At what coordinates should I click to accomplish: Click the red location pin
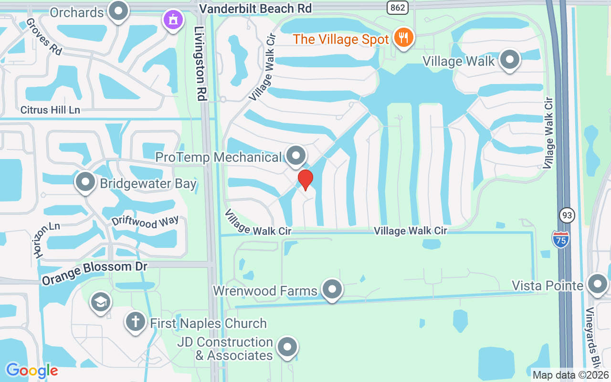tap(305, 180)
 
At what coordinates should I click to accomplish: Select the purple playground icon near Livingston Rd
tap(173, 20)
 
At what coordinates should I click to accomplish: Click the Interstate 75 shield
tap(561, 238)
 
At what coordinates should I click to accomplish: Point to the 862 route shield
tap(398, 8)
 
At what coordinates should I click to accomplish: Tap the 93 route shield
tap(567, 216)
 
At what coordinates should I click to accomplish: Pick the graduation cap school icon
tap(100, 302)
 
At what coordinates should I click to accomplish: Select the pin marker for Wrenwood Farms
tap(332, 289)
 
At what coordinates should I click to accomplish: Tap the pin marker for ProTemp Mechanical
tap(296, 155)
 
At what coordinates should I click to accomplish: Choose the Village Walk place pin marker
tap(510, 60)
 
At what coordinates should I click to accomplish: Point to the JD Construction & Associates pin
tap(287, 347)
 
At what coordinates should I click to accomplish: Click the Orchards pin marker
tap(118, 11)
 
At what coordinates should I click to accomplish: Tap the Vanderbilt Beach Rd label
tap(255, 9)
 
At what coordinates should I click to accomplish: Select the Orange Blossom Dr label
tap(95, 273)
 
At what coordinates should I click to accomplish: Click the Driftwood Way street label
tap(145, 222)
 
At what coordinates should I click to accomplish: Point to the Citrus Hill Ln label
tap(50, 110)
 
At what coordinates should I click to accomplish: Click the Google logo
tap(32, 371)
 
